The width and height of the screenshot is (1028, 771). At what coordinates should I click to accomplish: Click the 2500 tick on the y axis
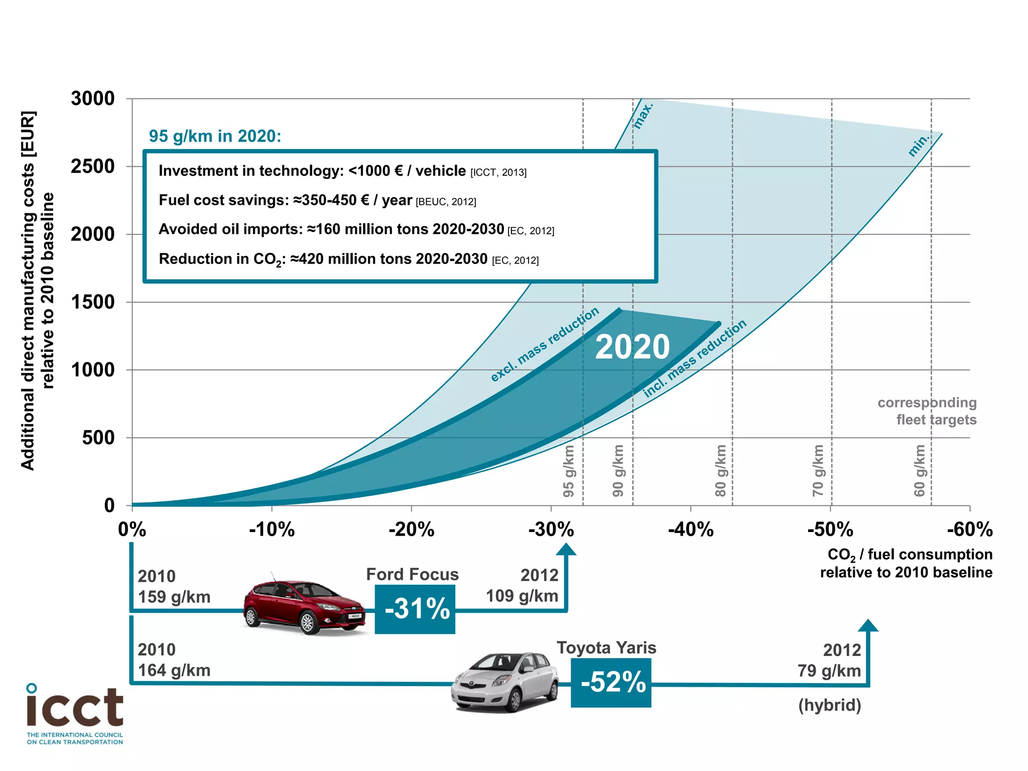click(x=92, y=166)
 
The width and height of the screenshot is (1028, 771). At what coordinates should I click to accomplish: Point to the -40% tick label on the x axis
click(x=691, y=530)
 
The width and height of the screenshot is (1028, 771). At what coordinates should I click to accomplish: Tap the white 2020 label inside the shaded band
click(x=632, y=347)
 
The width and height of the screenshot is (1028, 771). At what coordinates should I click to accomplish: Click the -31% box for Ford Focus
click(x=415, y=609)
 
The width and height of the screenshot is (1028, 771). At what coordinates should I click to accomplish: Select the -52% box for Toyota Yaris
click(x=611, y=683)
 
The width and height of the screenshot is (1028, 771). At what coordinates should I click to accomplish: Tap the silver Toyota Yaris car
click(x=504, y=682)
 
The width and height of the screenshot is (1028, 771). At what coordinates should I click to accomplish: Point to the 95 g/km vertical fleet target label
click(x=568, y=471)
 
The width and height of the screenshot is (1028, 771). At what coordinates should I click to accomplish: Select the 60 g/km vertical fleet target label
click(x=919, y=471)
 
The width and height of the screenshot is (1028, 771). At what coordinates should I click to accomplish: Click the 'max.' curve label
click(x=642, y=116)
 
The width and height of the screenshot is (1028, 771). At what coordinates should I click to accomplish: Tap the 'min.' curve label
click(x=919, y=145)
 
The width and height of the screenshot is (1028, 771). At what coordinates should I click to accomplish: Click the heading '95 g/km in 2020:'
click(x=215, y=136)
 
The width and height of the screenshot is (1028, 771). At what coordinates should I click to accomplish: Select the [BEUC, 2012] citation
click(x=446, y=202)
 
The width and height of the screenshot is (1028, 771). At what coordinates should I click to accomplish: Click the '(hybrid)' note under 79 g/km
click(x=829, y=705)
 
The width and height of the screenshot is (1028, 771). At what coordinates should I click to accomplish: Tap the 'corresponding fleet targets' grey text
click(x=928, y=411)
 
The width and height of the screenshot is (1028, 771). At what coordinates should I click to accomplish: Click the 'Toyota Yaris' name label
click(x=606, y=648)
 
